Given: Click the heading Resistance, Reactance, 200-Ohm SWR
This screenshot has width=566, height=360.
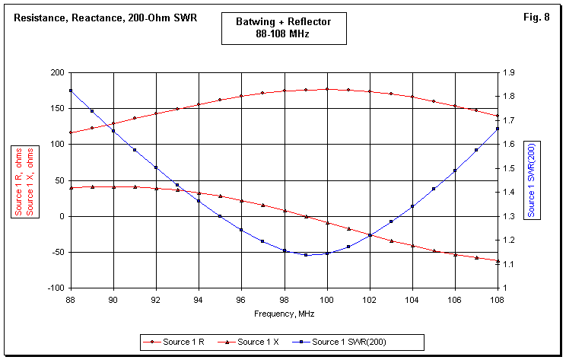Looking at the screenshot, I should (106, 17).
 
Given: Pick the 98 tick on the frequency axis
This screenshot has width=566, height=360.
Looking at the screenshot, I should (285, 300).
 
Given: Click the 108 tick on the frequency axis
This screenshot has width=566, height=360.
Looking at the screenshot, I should (498, 300).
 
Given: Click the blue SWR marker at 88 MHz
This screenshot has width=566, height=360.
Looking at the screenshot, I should (71, 91).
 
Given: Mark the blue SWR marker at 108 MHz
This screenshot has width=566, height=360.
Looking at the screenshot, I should (498, 128).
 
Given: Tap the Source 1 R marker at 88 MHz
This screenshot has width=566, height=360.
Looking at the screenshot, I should (71, 132).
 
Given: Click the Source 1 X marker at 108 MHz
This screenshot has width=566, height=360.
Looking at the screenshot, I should (498, 261).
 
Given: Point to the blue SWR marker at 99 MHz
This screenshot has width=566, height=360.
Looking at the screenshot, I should (306, 255).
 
